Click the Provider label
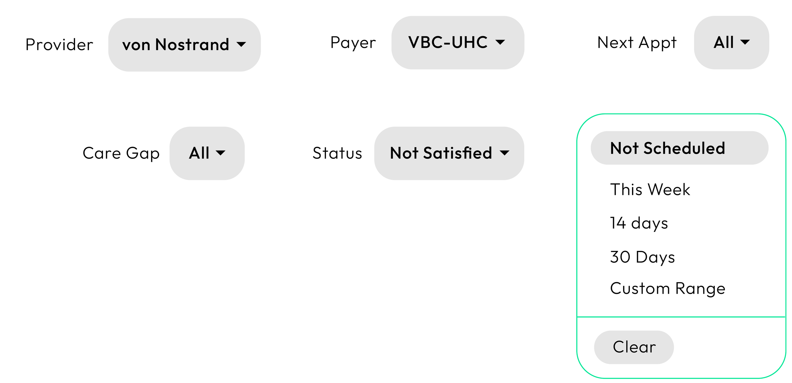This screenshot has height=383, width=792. pyautogui.click(x=59, y=44)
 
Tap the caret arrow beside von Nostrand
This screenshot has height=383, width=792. pyautogui.click(x=241, y=44)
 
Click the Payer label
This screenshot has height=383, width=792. pyautogui.click(x=353, y=42)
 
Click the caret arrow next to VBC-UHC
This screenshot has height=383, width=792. pyautogui.click(x=500, y=42)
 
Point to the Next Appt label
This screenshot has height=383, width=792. pyautogui.click(x=637, y=42)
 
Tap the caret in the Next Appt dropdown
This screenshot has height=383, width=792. pyautogui.click(x=745, y=42)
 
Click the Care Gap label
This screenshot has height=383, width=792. pyautogui.click(x=121, y=153)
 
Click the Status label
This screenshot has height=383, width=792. pyautogui.click(x=337, y=153)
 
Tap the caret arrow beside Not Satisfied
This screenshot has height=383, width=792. pyautogui.click(x=504, y=153)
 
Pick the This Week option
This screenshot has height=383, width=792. pyautogui.click(x=650, y=190)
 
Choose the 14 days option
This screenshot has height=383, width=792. pyautogui.click(x=639, y=223)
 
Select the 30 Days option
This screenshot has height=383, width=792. pyautogui.click(x=642, y=257)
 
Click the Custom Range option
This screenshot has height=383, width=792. pyautogui.click(x=667, y=289)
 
